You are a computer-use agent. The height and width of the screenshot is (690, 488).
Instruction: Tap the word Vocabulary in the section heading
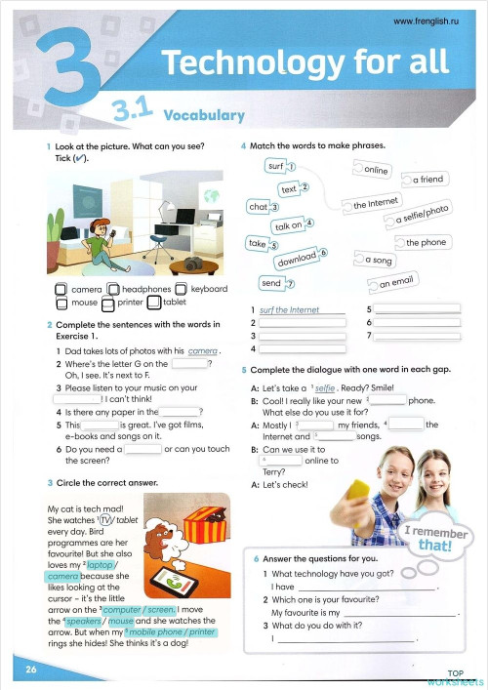204,115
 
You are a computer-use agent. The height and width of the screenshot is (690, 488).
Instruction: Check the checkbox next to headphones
113,289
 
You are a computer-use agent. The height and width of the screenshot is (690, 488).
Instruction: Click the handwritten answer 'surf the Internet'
291,310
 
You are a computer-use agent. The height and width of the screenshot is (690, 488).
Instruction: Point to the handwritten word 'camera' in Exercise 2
203,350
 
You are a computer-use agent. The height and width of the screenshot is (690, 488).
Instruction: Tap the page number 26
31,669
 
